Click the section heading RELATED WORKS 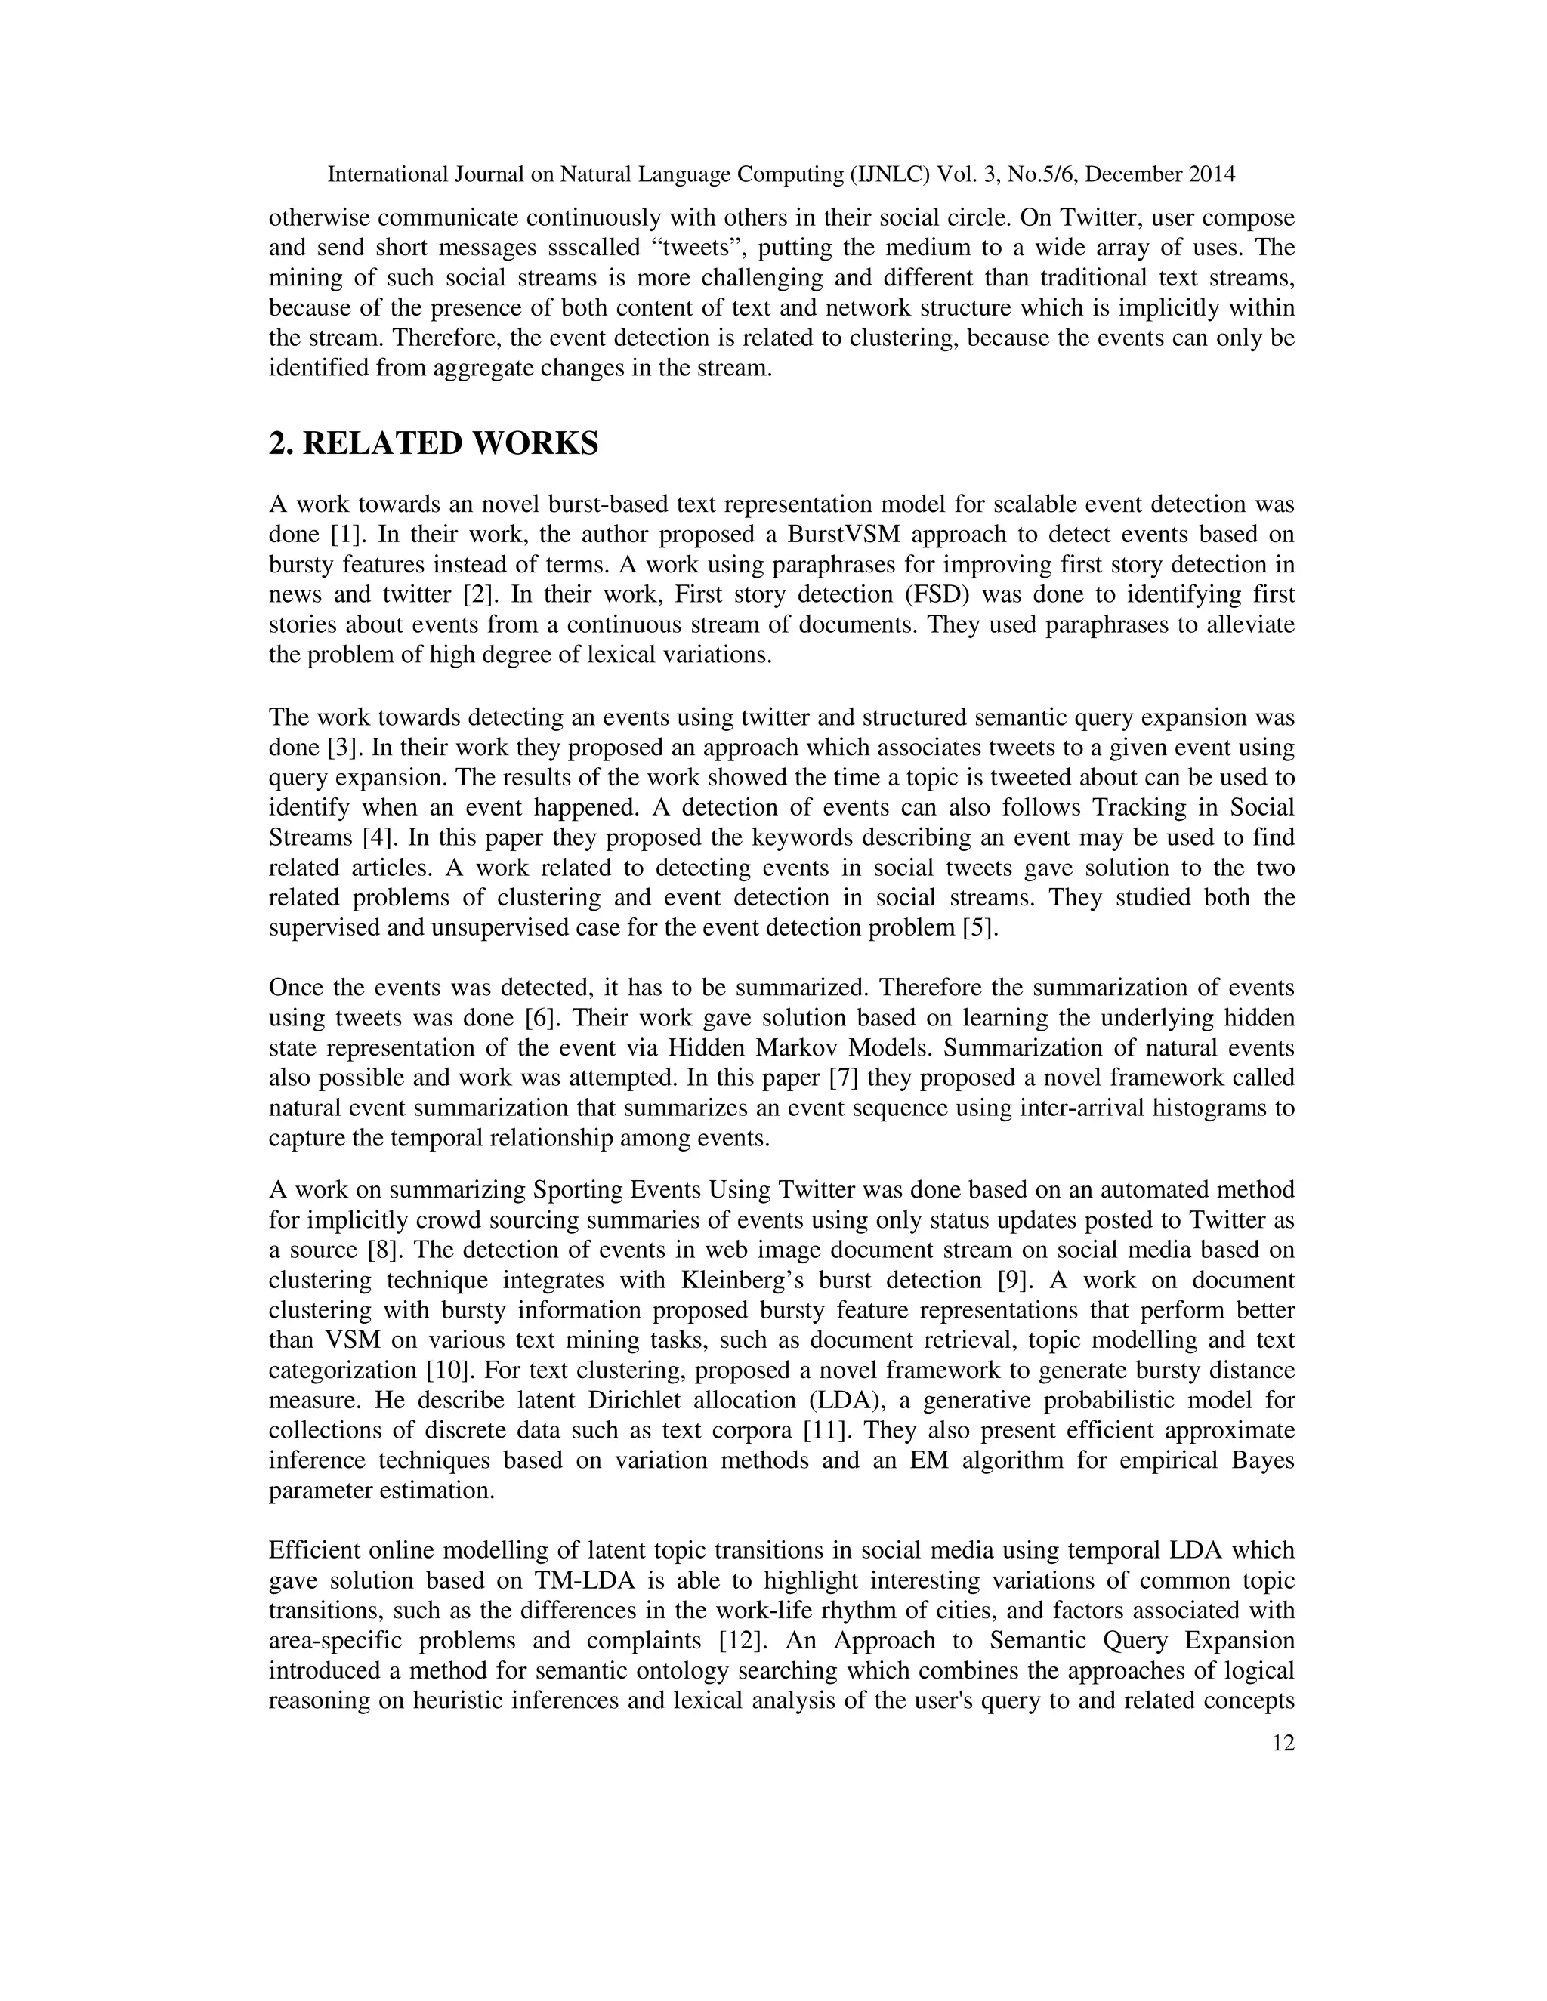(433, 443)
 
